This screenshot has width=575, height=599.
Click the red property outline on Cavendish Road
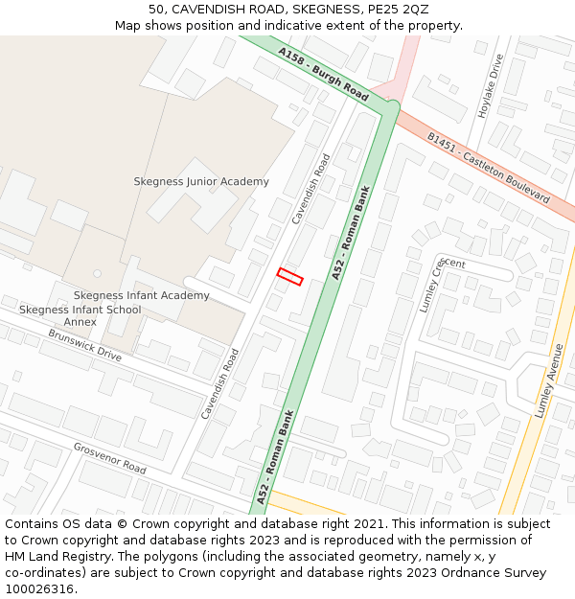click(289, 277)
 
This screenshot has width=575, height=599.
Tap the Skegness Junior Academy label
click(201, 181)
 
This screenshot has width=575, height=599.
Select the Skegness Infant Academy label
click(141, 295)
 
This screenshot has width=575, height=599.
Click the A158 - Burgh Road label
click(324, 74)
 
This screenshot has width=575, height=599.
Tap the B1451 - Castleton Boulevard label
click(489, 169)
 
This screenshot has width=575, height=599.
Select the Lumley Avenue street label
click(545, 380)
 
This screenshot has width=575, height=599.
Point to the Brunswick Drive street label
click(85, 347)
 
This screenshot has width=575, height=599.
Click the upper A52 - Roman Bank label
click(351, 233)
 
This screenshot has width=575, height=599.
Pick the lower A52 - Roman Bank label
click(275, 455)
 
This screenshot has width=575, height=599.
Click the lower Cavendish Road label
click(219, 383)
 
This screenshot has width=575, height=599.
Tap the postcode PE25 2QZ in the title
click(402, 9)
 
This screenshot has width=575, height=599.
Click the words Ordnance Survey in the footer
click(499, 572)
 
